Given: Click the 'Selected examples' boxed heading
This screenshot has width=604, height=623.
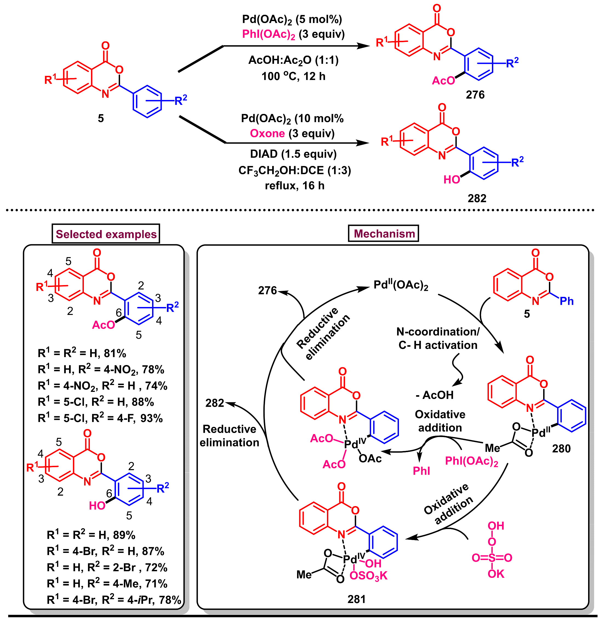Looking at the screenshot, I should tap(106, 234).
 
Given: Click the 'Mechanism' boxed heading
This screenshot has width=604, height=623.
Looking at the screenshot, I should tap(384, 234).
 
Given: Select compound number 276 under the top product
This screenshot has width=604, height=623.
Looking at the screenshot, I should tap(475, 95).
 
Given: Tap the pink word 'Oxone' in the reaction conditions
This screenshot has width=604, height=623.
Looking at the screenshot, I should tap(267, 134).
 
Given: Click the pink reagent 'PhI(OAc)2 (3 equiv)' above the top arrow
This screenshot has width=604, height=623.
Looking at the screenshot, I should tap(293, 34).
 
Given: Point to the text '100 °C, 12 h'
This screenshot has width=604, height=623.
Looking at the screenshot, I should tap(293, 76).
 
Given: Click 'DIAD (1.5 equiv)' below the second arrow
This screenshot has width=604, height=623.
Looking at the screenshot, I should tap(293, 154).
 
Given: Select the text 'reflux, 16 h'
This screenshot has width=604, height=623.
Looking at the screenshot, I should tap(295, 186).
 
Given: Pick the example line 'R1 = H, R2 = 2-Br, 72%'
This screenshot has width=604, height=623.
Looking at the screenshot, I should tap(107, 567).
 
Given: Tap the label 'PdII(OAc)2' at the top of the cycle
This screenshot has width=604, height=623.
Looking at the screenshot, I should tap(401, 285).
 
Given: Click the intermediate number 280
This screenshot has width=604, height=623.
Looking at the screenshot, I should tap(561, 449).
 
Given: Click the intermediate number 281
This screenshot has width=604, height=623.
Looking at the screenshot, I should tap(356, 599).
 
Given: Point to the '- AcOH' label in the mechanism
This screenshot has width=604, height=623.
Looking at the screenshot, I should tap(434, 395).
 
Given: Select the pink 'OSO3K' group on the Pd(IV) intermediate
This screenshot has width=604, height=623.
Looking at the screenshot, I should tap(368, 576).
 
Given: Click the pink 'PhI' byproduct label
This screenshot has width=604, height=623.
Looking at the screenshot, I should tap(421, 471).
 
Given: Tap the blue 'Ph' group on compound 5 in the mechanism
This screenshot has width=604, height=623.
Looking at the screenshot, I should tap(566, 301).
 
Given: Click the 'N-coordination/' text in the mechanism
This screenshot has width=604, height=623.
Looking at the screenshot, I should tap(438, 332).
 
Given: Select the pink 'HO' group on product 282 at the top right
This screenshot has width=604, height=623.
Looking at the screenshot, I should tap(451, 180).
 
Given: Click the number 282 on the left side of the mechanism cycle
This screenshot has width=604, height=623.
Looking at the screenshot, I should tap(215, 403).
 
